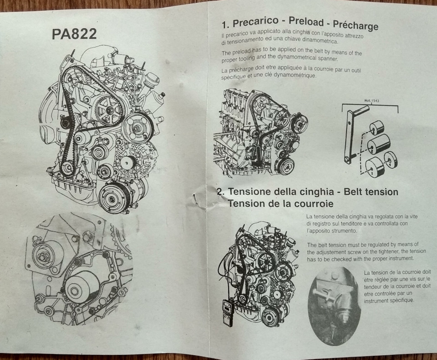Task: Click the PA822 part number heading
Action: point(74,34)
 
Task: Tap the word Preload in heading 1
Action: point(306,22)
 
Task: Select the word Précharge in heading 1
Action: point(356,25)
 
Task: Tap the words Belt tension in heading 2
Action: point(371,192)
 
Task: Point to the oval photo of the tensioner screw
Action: point(334,305)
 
